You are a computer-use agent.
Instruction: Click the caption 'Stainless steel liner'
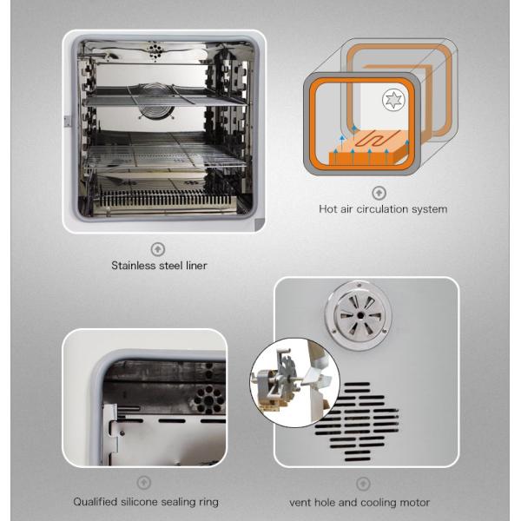(x=159, y=266)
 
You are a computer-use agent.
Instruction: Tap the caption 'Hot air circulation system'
(x=383, y=209)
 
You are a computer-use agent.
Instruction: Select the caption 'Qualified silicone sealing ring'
(x=146, y=502)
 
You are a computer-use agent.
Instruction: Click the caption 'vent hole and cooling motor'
(x=359, y=502)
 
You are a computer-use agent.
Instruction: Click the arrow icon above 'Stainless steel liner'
(x=158, y=249)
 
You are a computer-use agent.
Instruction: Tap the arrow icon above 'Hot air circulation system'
(x=379, y=193)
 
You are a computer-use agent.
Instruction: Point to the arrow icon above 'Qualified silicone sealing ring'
(x=144, y=483)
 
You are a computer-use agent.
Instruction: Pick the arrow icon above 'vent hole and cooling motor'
(x=362, y=484)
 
